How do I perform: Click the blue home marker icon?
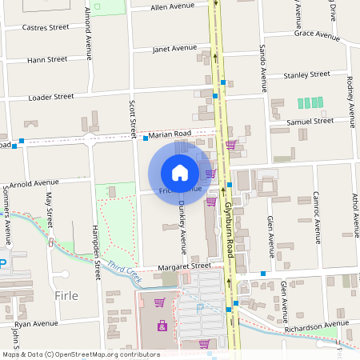(180, 172)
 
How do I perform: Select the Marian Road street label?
(170, 134)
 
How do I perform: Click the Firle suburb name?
(66, 296)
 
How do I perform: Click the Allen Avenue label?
(173, 6)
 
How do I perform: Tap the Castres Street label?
(46, 27)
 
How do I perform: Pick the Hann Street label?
(46, 59)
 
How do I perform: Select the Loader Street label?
(51, 97)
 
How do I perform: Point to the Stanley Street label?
(306, 74)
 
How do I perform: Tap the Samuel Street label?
(310, 121)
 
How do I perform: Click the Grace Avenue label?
(317, 35)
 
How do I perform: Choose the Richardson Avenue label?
(311, 327)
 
